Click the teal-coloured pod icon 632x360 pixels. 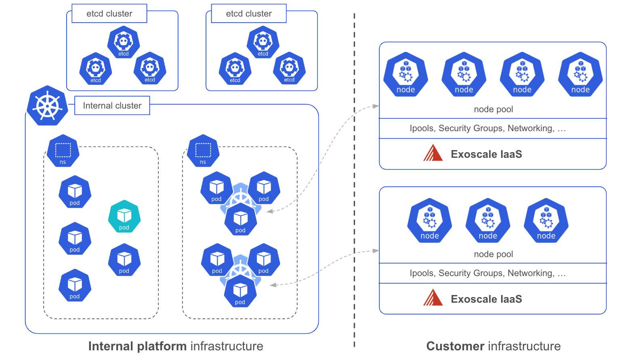tap(124, 217)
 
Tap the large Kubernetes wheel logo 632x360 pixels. tap(47, 106)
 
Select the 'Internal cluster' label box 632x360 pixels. tap(112, 106)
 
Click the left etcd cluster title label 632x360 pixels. tap(109, 14)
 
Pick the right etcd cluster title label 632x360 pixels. tap(249, 14)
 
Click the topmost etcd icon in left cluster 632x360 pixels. tap(124, 42)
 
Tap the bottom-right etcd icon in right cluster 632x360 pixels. tap(289, 68)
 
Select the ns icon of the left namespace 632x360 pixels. tap(63, 151)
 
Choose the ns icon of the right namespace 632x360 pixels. tap(203, 151)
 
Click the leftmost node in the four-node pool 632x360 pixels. tap(406, 74)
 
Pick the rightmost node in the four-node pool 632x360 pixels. tap(580, 74)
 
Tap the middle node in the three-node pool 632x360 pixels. tap(488, 220)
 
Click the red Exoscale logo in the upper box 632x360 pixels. tap(433, 153)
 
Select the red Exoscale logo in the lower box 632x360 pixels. tap(433, 298)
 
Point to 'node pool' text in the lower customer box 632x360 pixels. tap(493, 254)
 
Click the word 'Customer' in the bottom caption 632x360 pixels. tap(455, 346)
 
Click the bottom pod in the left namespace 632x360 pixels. tap(75, 286)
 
